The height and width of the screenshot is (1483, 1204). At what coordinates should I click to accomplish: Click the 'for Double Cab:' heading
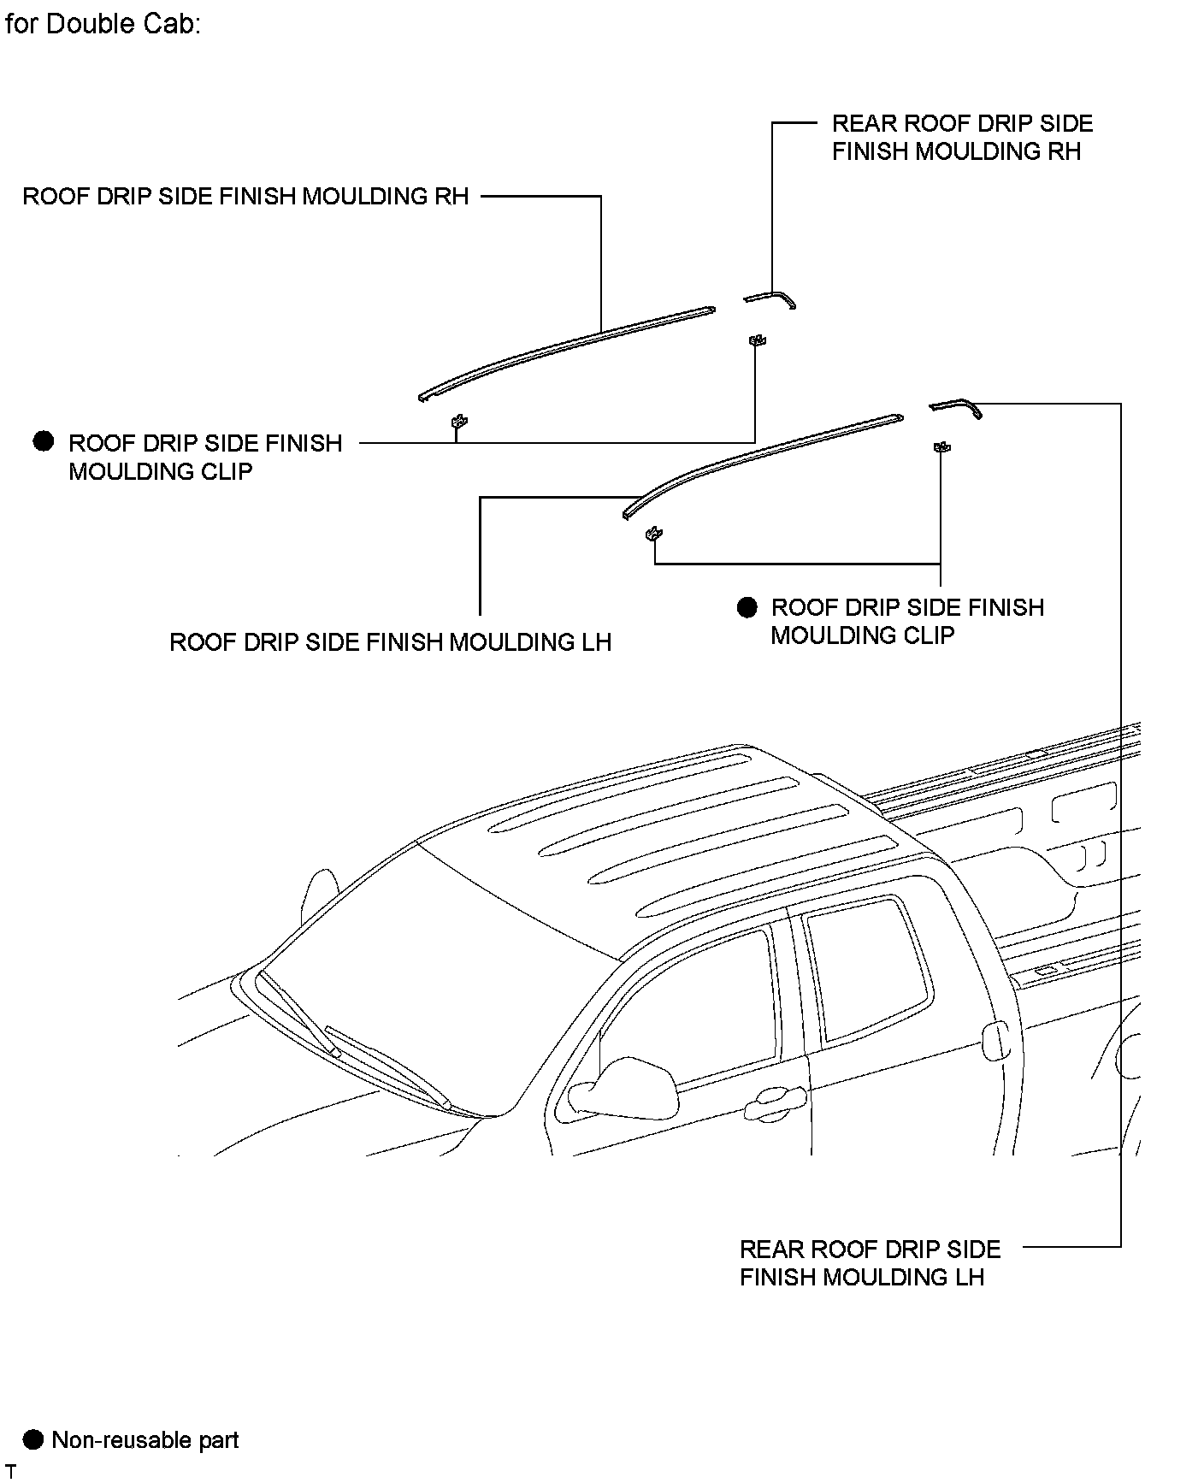(x=103, y=23)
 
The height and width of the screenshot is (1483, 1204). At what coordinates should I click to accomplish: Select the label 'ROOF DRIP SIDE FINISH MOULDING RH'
(x=245, y=196)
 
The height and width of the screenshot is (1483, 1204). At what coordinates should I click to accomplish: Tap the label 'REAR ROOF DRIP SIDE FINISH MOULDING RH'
(x=962, y=137)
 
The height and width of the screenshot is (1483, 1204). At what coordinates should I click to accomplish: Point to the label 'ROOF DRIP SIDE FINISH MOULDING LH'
(x=390, y=641)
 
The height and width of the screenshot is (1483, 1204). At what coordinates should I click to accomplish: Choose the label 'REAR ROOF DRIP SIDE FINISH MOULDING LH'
(x=870, y=1262)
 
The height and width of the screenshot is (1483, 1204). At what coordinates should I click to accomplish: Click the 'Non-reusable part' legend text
(x=145, y=1439)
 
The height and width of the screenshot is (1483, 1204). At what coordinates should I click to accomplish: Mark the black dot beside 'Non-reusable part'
(x=32, y=1439)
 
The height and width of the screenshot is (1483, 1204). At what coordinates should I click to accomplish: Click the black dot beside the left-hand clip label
(x=43, y=442)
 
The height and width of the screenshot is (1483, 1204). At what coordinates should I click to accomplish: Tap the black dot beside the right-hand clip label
(x=747, y=607)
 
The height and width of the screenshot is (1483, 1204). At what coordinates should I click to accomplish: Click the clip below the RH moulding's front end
(x=459, y=421)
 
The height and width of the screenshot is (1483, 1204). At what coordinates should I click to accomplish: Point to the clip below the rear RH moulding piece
(x=756, y=340)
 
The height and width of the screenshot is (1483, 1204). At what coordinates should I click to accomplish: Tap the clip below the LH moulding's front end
(x=655, y=534)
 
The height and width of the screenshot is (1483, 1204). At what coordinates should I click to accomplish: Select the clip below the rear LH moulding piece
(x=941, y=446)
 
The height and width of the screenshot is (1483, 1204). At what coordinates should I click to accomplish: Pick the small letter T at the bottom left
(x=11, y=1471)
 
